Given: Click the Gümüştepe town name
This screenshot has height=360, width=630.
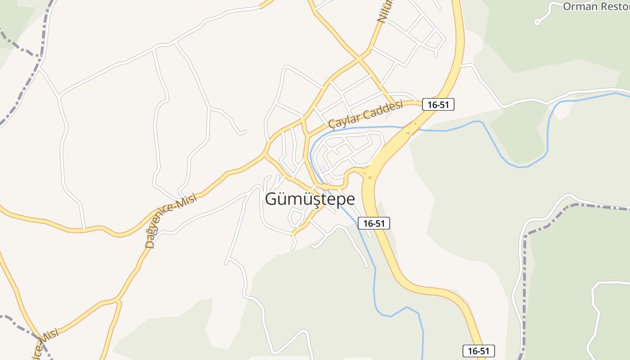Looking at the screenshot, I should pos(310,199).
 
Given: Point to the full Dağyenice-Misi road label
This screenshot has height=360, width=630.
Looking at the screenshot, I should pos(171,221).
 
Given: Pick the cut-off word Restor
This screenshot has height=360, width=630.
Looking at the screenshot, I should pos(614,6).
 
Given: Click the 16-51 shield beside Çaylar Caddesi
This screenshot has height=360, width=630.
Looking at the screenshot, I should pos(438,105).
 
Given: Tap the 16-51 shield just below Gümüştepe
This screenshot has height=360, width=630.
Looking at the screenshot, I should pos(374,223).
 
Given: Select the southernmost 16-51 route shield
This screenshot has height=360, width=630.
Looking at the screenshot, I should pos(479,351).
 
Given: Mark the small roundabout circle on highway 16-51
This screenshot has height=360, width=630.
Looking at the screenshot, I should pos(370,177).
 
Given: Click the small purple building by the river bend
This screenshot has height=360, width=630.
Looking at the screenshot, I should pos(324,169).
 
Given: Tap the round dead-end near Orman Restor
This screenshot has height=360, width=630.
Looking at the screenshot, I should pos(537,22).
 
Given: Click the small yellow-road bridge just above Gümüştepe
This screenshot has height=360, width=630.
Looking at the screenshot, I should pos(325,185).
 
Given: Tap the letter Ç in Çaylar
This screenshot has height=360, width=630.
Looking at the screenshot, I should pos(332,123).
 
